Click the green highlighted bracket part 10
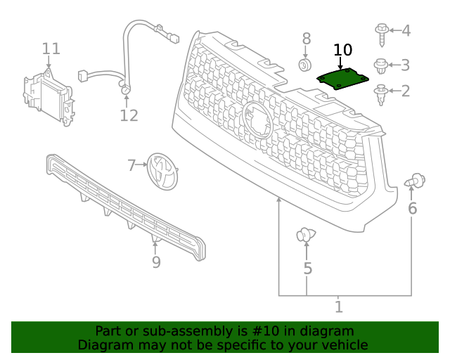342,79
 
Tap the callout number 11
51,49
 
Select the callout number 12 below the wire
129,115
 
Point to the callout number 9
156,262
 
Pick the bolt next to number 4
382,30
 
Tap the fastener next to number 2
382,93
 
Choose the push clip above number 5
306,236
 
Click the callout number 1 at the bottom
338,307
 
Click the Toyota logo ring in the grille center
257,120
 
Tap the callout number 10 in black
342,50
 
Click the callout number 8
306,38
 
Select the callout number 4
406,30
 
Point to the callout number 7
131,166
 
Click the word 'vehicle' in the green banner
342,345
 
